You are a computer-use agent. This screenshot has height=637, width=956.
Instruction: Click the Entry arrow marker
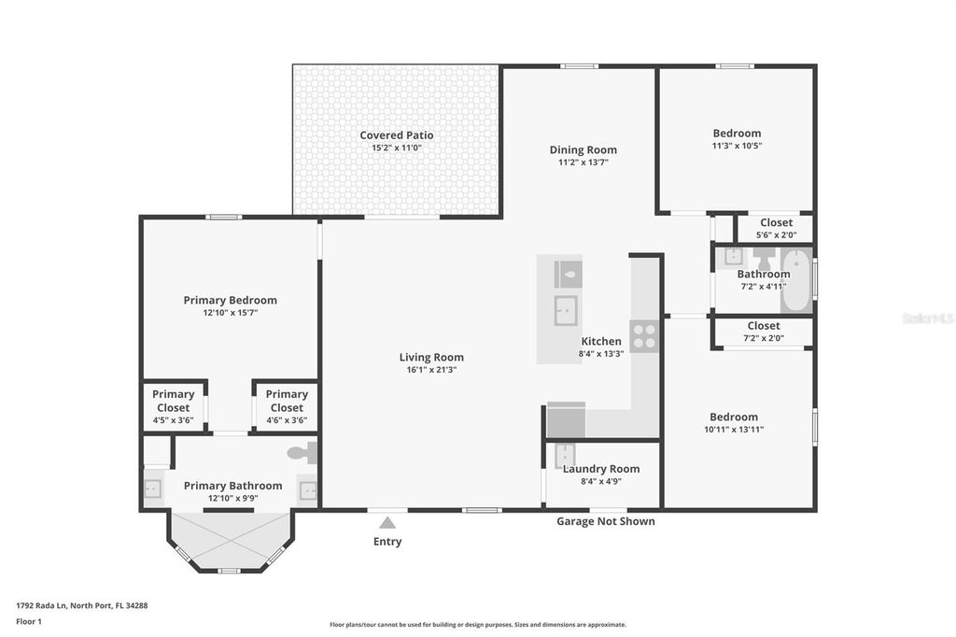[387, 523]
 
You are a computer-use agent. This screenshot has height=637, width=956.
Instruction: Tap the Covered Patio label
[397, 135]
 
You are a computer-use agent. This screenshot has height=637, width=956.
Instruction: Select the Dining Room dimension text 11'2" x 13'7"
[583, 163]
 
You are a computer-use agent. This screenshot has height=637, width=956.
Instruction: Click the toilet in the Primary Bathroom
[302, 454]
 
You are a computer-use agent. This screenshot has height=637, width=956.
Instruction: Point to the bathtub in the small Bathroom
[796, 279]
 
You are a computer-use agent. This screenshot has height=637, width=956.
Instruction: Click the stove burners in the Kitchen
[643, 335]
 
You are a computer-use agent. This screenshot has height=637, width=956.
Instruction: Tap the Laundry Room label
[601, 469]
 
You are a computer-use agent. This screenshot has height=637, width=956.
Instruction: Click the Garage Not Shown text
[606, 521]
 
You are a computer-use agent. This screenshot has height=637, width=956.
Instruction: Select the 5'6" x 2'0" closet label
[776, 235]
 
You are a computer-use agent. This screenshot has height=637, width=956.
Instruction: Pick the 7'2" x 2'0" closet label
[763, 338]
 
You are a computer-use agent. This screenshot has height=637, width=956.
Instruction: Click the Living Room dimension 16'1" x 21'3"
[431, 370]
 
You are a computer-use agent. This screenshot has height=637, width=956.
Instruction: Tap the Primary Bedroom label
[230, 300]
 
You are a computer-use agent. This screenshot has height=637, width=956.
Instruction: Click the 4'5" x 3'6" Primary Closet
[173, 407]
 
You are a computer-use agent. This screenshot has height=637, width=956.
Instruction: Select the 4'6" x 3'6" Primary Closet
[286, 407]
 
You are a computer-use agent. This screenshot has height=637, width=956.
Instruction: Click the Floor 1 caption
[29, 621]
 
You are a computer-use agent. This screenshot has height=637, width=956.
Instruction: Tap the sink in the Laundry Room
[564, 456]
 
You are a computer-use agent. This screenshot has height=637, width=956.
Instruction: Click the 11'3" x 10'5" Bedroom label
[737, 134]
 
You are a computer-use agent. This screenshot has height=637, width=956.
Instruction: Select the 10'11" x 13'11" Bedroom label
[733, 418]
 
